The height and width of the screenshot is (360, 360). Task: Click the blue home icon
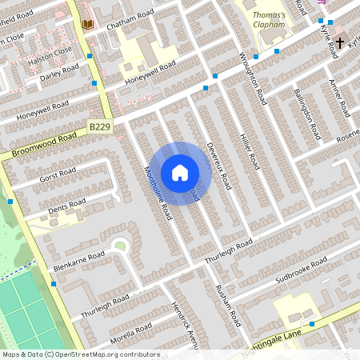point(180,173)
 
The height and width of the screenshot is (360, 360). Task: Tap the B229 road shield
point(100,127)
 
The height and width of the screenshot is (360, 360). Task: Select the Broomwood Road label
point(45,144)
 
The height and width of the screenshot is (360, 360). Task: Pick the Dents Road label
point(66,207)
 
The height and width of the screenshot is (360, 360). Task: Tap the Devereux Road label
point(218,165)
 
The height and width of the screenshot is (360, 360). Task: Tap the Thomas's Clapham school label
point(268,20)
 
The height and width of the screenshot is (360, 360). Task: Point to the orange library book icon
point(88,25)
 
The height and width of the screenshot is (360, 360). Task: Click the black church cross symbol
point(340,42)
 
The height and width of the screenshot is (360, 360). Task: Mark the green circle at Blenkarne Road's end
point(120,246)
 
